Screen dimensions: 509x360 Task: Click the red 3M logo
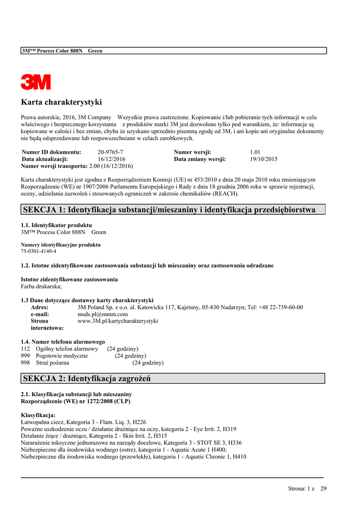coord(36,82)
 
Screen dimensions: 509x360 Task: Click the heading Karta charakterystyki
coord(61,102)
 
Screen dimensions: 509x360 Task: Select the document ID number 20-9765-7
coord(110,152)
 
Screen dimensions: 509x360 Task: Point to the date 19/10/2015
coord(264,159)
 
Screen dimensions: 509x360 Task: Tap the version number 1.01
coord(255,152)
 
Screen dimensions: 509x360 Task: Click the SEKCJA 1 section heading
coord(169,210)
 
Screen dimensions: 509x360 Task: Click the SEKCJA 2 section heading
coord(87,379)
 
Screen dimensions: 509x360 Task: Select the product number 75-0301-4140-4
coord(38,252)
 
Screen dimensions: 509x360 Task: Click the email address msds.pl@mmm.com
coord(103,314)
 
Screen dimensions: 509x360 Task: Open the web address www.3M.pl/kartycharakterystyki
coord(118,321)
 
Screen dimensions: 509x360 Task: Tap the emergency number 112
coord(25,349)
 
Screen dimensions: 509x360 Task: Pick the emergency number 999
coord(25,356)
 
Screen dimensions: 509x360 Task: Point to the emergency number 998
coord(25,363)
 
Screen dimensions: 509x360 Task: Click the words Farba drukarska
coord(41,286)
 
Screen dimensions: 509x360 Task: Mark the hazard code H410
coord(239,456)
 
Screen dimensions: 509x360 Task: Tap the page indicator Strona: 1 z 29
coord(307,489)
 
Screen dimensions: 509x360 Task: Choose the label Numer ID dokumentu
coord(52,152)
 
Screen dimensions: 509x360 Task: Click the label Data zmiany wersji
coord(200,159)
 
